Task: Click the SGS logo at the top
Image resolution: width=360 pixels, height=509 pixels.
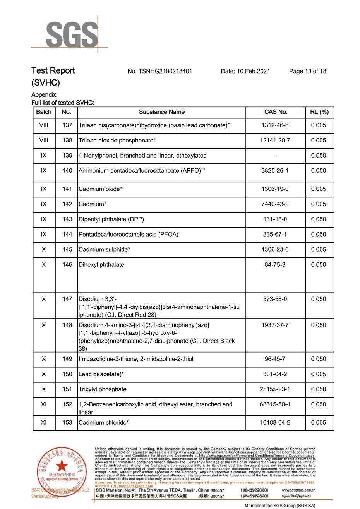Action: pyautogui.click(x=72, y=35)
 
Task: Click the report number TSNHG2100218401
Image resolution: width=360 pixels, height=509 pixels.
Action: pyautogui.click(x=159, y=71)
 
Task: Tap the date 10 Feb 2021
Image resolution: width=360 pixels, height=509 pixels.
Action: pyautogui.click(x=245, y=71)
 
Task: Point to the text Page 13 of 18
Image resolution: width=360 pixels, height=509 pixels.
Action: pyautogui.click(x=307, y=71)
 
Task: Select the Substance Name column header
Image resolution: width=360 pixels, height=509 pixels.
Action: pyautogui.click(x=161, y=112)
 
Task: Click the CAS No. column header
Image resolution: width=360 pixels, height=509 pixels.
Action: pyautogui.click(x=276, y=112)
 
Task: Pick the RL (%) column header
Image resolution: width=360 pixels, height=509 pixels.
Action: pyautogui.click(x=319, y=112)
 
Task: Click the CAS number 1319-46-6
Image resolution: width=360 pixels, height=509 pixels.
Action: pyautogui.click(x=275, y=125)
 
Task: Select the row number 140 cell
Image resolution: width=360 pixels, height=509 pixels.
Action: pyautogui.click(x=67, y=171)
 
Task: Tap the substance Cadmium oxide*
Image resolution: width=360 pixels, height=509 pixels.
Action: pyautogui.click(x=100, y=189)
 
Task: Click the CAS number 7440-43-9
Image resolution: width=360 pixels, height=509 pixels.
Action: pyautogui.click(x=275, y=204)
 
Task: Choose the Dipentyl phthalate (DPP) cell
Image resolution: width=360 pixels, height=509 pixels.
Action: pyautogui.click(x=111, y=219)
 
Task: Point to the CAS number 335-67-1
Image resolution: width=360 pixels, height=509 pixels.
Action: pyautogui.click(x=275, y=235)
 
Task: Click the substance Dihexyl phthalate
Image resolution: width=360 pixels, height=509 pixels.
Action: pyautogui.click(x=101, y=265)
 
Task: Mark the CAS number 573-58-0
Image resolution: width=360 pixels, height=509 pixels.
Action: pyautogui.click(x=275, y=299)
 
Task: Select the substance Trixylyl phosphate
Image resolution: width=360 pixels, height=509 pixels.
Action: pyautogui.click(x=103, y=389)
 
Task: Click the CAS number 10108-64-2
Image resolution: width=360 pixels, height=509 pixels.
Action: pyautogui.click(x=275, y=423)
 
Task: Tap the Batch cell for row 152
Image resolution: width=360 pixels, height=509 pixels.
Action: pyautogui.click(x=44, y=404)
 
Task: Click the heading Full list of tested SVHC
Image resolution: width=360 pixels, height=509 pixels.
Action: pyautogui.click(x=63, y=103)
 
